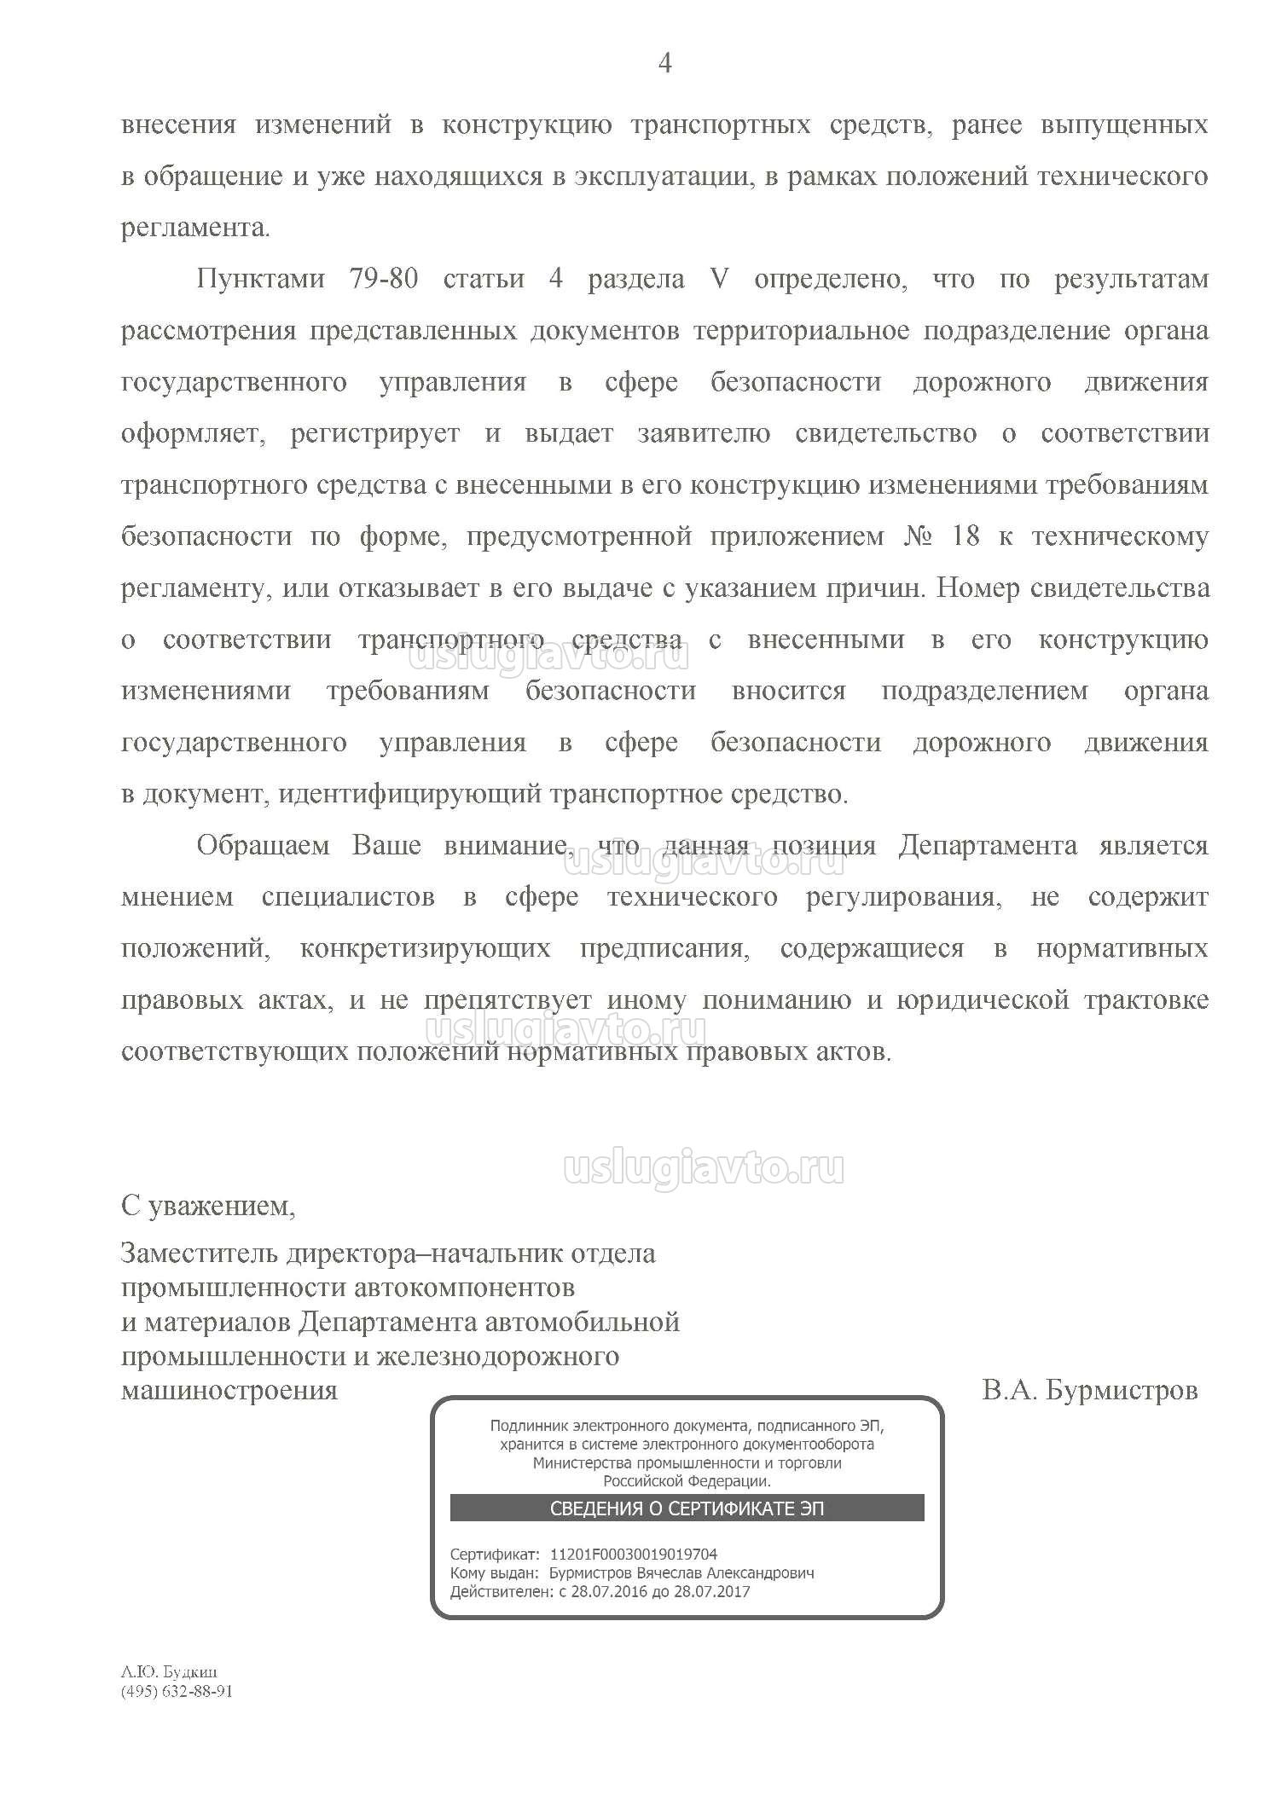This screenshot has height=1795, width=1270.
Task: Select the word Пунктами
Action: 260,280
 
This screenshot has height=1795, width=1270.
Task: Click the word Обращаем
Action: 263,846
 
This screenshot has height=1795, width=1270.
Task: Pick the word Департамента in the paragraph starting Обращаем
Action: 987,846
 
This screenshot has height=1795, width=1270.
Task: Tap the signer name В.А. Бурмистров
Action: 1089,1391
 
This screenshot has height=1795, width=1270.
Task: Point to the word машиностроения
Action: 229,1391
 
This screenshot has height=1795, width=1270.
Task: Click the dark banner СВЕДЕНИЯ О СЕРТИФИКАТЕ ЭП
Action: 687,1508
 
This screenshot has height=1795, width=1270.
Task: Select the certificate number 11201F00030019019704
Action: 634,1555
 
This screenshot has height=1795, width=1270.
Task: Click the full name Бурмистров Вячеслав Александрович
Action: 681,1573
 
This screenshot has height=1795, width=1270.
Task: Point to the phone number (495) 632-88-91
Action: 177,1692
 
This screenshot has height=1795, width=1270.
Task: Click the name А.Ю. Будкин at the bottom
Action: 169,1673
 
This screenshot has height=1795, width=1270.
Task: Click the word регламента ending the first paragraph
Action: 194,229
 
